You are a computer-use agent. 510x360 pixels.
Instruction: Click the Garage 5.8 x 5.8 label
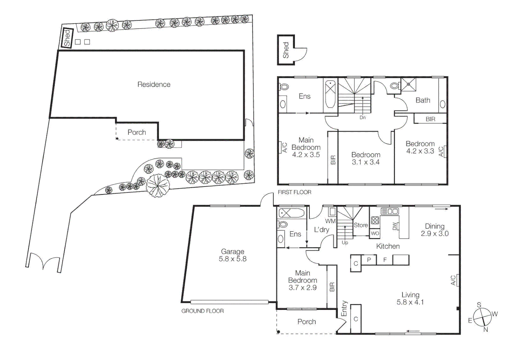tap(232, 255)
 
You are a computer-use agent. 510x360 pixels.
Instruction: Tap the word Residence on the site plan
tap(154, 84)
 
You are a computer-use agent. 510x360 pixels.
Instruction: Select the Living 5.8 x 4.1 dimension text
tap(410, 298)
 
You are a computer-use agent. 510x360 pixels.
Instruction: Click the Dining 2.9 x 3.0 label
tap(434, 230)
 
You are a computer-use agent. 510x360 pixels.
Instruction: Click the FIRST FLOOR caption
tap(294, 192)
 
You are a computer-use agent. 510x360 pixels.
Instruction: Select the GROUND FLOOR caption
tap(202, 311)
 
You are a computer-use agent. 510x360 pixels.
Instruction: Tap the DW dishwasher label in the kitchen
tap(395, 226)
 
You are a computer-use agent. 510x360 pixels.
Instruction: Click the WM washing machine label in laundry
tap(330, 221)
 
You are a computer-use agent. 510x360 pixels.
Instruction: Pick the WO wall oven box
tap(375, 233)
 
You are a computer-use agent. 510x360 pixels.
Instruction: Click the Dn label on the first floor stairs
tap(363, 118)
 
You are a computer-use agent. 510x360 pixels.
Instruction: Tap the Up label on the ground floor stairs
tap(345, 243)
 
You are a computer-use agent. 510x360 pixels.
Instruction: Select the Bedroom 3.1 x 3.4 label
tap(366, 158)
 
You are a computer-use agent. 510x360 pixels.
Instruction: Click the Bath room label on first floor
tap(423, 100)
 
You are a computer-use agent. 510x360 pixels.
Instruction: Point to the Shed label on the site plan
tap(67, 38)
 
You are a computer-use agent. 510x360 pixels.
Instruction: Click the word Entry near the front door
tap(344, 308)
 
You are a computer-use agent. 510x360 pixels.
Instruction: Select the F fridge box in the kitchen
tap(385, 260)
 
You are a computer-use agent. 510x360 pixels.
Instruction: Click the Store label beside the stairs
tap(361, 225)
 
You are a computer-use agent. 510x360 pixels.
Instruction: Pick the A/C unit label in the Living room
tap(453, 280)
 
